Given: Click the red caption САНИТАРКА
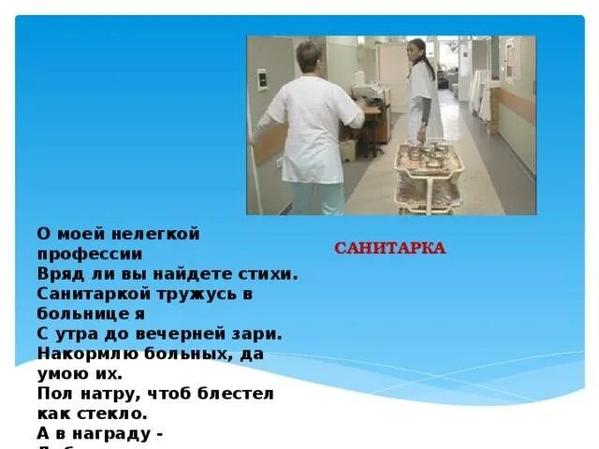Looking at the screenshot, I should coord(390,249).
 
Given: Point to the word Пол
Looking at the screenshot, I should coord(53,393).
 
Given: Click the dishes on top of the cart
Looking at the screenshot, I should coord(429,152).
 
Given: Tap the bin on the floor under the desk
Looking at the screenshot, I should coord(349,150).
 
